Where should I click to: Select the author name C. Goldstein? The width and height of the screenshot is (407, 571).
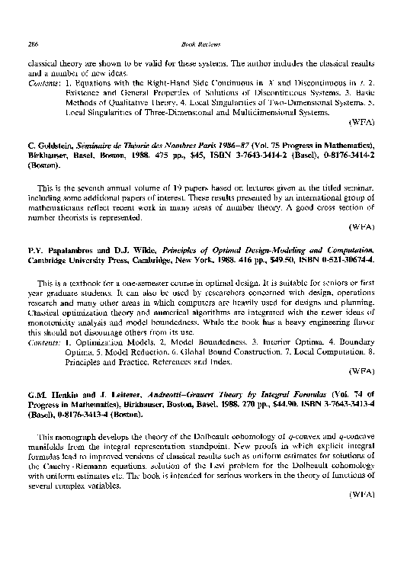click(50, 144)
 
